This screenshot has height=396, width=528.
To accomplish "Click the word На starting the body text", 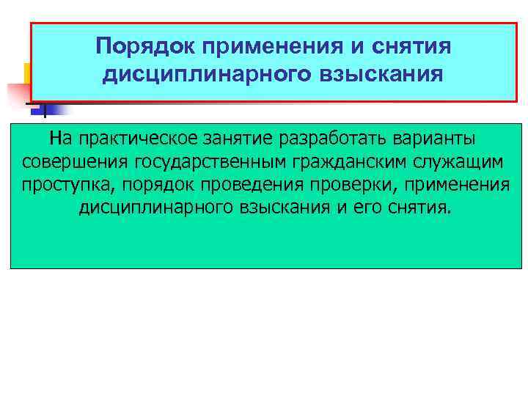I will click(x=61, y=138).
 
